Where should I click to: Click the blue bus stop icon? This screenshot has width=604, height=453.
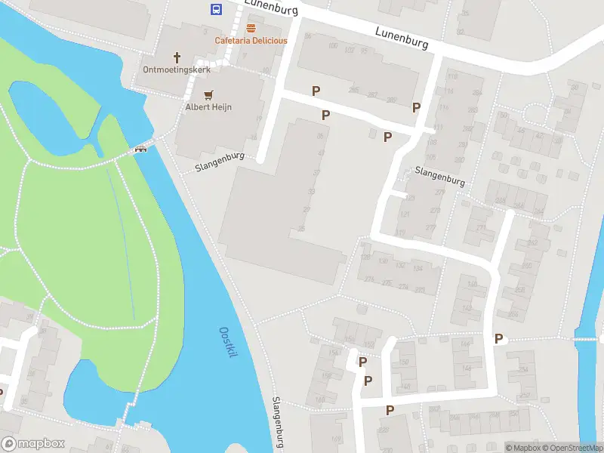click(x=216, y=10)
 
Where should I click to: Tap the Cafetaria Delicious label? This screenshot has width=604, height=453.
click(x=251, y=41)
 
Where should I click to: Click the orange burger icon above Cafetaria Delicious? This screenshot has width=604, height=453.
click(x=251, y=28)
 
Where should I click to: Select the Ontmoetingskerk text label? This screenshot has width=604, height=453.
click(x=176, y=69)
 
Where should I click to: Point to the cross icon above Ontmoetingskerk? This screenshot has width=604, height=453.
click(x=177, y=57)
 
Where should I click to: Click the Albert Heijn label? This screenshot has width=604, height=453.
click(x=208, y=107)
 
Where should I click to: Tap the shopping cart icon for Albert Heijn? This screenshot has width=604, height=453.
click(x=208, y=94)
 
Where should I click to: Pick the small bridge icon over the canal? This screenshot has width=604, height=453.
click(x=140, y=148)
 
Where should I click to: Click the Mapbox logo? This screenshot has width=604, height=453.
click(x=32, y=444)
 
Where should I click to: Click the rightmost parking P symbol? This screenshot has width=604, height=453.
click(x=498, y=339)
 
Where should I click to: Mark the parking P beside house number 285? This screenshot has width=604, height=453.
click(x=316, y=91)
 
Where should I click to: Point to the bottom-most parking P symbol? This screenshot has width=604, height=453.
click(x=390, y=410)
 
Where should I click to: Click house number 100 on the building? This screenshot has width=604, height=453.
click(x=333, y=47)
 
